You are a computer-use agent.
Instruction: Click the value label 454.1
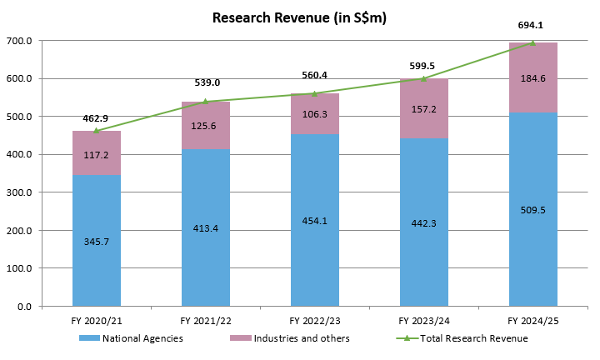315,221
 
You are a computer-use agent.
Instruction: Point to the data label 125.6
206,126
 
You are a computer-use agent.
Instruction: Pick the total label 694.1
531,25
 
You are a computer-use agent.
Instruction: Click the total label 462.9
97,118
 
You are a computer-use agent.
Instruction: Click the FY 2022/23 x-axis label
315,320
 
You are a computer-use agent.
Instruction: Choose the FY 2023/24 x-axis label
424,320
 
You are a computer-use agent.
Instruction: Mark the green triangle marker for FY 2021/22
206,102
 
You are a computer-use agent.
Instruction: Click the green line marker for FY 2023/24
424,78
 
